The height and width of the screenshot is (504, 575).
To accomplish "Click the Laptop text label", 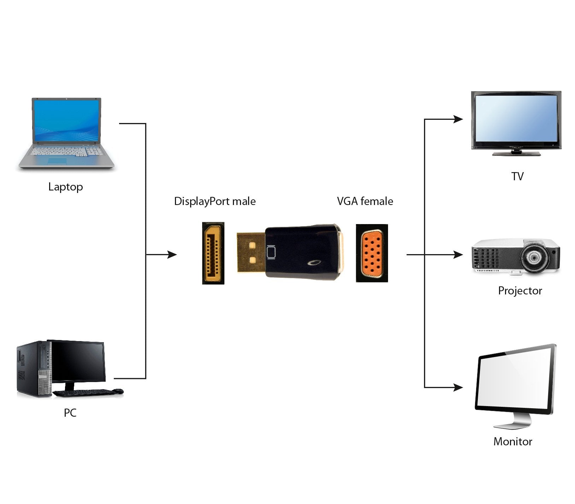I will pos(65,187).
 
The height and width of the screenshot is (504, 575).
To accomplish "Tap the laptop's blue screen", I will pos(66,120).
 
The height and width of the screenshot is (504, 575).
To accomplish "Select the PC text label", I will pos(70,412).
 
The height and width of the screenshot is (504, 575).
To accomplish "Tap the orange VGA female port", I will pos(371,253).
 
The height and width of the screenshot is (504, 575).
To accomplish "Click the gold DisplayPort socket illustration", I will pos(213,253).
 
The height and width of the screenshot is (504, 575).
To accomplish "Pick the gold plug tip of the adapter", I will pos(250,252).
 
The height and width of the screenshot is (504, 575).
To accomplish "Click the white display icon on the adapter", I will pos(271,252).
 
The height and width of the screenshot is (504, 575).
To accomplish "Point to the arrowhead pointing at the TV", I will pos(458,119).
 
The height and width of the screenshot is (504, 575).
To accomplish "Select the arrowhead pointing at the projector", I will pos(458,254).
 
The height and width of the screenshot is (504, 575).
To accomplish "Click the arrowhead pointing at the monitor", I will pos(458,388).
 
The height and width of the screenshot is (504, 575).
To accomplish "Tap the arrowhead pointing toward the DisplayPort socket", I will pos(172,254).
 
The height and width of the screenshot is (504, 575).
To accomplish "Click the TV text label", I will pos(517,176).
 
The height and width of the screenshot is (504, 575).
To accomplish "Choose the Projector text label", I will pos(520,291).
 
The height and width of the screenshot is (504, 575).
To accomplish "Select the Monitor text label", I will pos(513,441).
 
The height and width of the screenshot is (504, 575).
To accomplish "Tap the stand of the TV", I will pos(516,153).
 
